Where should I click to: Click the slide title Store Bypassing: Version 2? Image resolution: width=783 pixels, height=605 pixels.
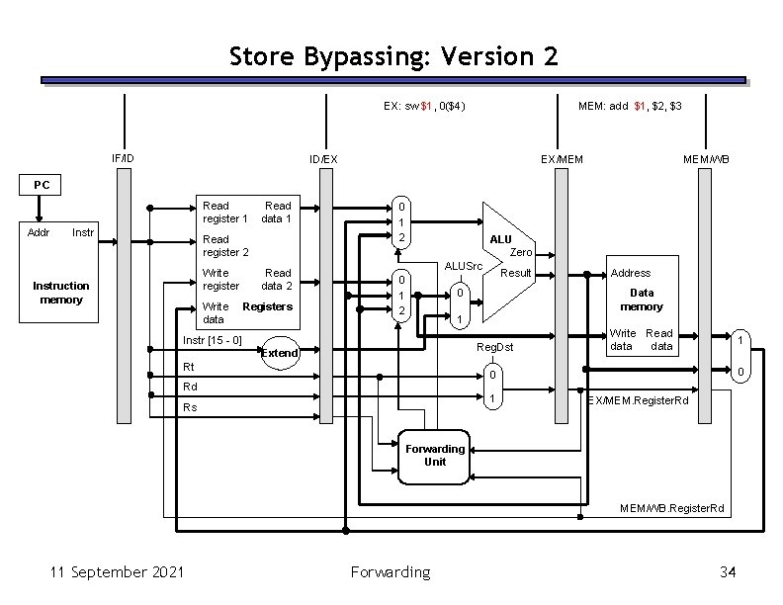pos(392,55)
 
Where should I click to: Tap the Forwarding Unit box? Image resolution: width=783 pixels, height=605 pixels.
pos(435,455)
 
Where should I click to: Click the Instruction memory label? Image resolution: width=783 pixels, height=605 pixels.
pos(61,292)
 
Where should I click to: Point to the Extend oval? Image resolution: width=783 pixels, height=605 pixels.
pos(279,353)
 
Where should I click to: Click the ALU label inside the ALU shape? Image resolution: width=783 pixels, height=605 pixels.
pos(500,239)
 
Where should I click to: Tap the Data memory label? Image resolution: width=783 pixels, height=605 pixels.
pos(642,300)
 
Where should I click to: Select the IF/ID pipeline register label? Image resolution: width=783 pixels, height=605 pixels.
pos(124,158)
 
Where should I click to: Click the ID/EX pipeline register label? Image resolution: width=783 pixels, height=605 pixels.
pos(323,158)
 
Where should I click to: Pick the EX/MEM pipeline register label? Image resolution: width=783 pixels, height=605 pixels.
pos(562,158)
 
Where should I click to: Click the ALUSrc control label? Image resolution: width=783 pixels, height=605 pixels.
pos(463,266)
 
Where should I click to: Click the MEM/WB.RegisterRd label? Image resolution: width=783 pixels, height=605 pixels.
pos(672,508)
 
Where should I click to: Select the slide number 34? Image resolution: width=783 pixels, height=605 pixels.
pos(730,571)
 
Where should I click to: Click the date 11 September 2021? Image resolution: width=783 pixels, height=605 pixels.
pos(108,571)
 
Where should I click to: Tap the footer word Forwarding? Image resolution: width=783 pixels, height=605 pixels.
pos(391,571)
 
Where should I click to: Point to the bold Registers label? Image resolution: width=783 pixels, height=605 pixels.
pos(267,306)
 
